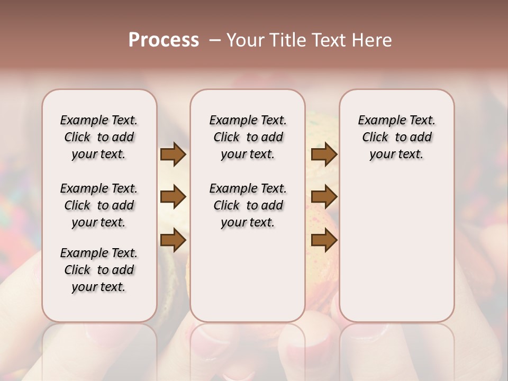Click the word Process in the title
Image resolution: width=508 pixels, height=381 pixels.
click(x=164, y=40)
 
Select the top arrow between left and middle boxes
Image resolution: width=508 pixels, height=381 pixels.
click(x=173, y=155)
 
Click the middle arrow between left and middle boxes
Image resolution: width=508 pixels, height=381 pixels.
click(x=173, y=197)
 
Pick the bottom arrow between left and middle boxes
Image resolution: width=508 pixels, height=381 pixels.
click(x=173, y=240)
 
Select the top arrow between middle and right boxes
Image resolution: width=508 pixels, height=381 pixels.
click(x=324, y=155)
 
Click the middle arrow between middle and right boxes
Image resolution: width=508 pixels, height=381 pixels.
click(x=324, y=197)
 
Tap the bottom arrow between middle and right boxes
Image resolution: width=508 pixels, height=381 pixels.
click(x=324, y=240)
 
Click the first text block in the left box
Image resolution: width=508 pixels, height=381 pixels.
click(x=99, y=137)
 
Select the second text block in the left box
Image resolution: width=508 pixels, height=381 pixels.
click(x=99, y=205)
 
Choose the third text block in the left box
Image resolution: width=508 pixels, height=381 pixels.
click(x=99, y=270)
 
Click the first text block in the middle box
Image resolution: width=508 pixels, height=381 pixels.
click(x=248, y=137)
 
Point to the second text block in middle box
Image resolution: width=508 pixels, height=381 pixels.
click(x=248, y=205)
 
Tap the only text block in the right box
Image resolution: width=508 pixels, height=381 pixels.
click(x=396, y=137)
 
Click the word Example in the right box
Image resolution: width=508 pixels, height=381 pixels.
click(x=381, y=121)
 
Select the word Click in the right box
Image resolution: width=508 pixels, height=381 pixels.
click(x=375, y=138)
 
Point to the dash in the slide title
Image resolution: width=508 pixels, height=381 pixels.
click(x=215, y=40)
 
